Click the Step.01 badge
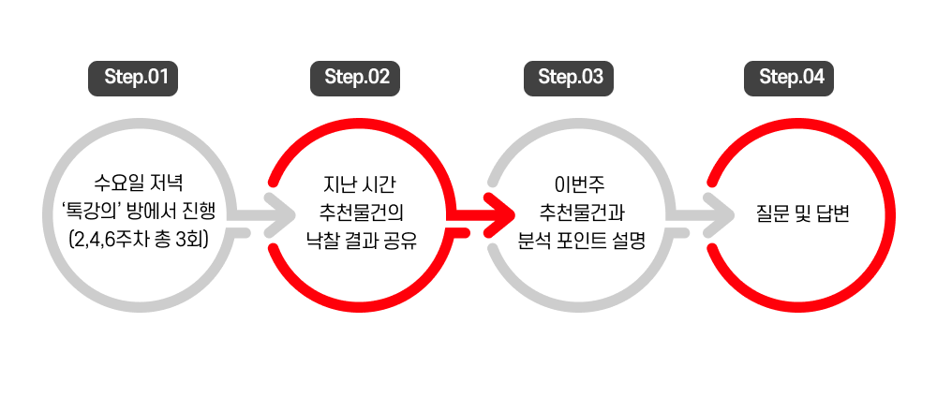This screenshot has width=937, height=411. pyautogui.click(x=134, y=78)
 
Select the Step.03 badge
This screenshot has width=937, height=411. pyautogui.click(x=570, y=78)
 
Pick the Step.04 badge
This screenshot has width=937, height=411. pyautogui.click(x=791, y=78)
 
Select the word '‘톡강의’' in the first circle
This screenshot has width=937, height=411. pyautogui.click(x=92, y=210)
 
